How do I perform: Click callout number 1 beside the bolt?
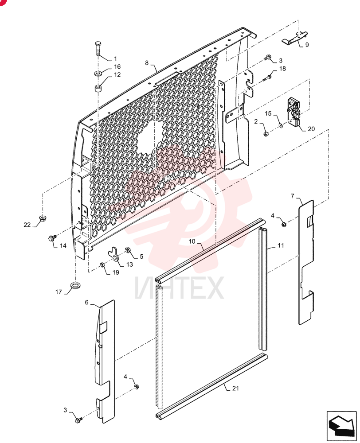pyautogui.click(x=115, y=59)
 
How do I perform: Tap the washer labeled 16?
pyautogui.click(x=98, y=74)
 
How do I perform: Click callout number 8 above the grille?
pyautogui.click(x=147, y=63)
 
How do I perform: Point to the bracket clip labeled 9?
pyautogui.click(x=294, y=38)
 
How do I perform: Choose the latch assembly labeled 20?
pyautogui.click(x=293, y=113)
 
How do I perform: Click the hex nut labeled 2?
pyautogui.click(x=266, y=134)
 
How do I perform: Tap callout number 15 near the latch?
pyautogui.click(x=268, y=113)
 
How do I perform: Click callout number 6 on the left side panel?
pyautogui.click(x=87, y=302)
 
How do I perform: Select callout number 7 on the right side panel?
pyautogui.click(x=293, y=196)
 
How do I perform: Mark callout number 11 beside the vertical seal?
pyautogui.click(x=281, y=245)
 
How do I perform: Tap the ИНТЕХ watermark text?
pyautogui.click(x=179, y=288)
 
